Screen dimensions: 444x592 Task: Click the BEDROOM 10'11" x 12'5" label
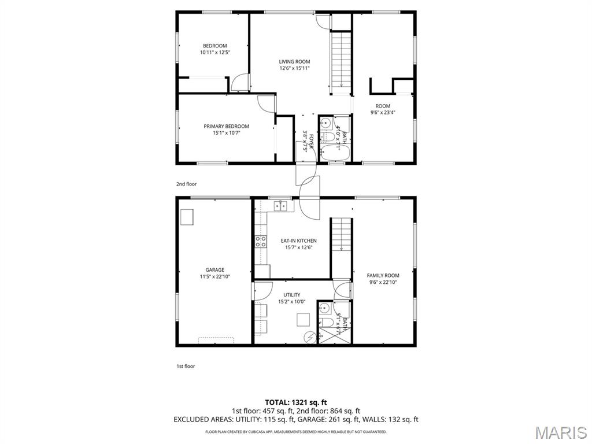click(214, 49)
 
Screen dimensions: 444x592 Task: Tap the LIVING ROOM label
click(294, 65)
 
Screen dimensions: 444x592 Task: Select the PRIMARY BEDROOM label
click(226, 129)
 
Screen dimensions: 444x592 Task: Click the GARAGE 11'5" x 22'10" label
click(214, 273)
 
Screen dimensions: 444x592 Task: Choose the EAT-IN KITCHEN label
click(298, 244)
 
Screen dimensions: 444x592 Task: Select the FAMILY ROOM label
click(383, 279)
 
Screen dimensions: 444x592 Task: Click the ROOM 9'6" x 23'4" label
click(383, 109)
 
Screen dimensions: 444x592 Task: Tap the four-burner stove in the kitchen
click(261, 242)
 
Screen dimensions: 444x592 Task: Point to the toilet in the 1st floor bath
click(325, 322)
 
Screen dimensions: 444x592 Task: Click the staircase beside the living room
click(341, 60)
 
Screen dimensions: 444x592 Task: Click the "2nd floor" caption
click(186, 184)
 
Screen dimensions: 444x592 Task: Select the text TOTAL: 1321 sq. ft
click(295, 402)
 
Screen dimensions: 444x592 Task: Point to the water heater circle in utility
click(309, 336)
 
